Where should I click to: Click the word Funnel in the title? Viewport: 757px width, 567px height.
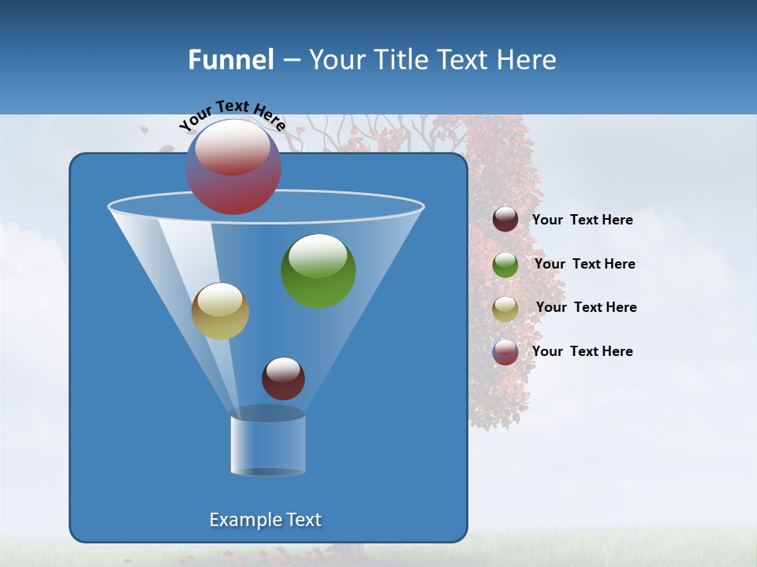[x=230, y=60]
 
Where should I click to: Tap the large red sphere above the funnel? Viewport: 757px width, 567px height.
[x=233, y=168]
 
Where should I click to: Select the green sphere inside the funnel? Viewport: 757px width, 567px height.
[x=319, y=272]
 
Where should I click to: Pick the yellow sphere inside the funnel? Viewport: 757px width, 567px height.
[x=220, y=312]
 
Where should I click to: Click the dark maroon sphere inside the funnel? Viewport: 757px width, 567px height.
[x=283, y=379]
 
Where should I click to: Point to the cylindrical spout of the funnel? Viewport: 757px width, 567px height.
[x=268, y=445]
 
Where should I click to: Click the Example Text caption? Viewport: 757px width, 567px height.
[x=266, y=520]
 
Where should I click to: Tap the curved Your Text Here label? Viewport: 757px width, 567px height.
[x=231, y=115]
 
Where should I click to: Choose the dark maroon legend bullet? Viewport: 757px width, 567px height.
[x=505, y=220]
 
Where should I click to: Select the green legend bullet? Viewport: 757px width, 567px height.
[x=505, y=265]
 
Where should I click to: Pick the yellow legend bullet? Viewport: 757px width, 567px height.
[x=505, y=308]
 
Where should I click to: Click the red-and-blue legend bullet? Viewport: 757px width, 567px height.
[x=505, y=352]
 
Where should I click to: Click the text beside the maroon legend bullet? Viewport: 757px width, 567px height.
[x=583, y=220]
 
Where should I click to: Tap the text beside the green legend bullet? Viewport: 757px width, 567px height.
[x=584, y=264]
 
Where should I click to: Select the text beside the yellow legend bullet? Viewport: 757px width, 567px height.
[x=586, y=307]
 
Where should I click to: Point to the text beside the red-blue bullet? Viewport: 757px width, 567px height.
[x=583, y=351]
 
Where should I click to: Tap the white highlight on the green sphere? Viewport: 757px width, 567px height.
[x=319, y=254]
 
